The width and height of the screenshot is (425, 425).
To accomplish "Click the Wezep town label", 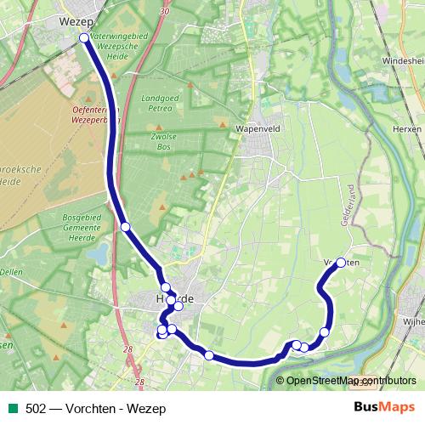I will tap(77, 20).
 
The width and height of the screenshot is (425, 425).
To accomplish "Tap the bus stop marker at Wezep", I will tap(84, 37).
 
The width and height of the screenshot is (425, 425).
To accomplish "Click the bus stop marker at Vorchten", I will tap(341, 263).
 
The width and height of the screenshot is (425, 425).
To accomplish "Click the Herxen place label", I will tap(409, 128).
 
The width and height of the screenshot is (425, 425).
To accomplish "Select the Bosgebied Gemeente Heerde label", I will tap(82, 229).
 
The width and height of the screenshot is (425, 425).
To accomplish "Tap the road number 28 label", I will tap(127, 349).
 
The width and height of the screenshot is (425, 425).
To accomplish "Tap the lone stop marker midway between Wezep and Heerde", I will tap(125, 226).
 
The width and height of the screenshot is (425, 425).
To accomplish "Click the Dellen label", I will tap(10, 272).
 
